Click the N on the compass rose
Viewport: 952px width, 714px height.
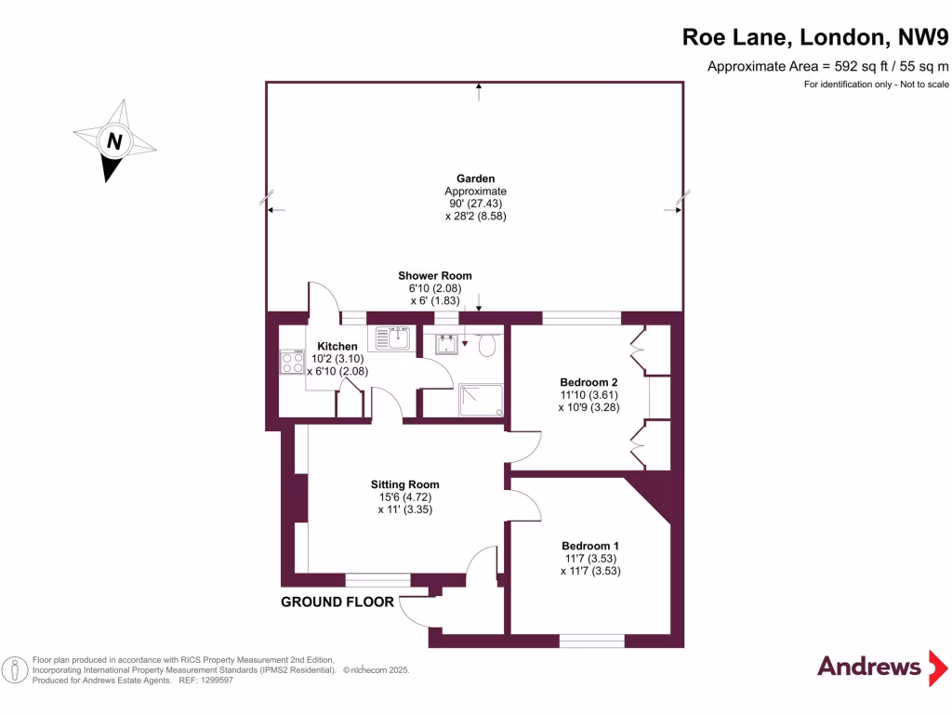click(114, 142)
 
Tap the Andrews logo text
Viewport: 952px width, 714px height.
click(868, 666)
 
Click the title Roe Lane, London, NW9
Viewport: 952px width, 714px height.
click(815, 37)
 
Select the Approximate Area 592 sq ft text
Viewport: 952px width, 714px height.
click(828, 66)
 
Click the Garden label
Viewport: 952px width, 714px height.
click(475, 178)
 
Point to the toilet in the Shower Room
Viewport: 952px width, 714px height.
click(485, 347)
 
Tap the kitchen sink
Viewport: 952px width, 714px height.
click(393, 339)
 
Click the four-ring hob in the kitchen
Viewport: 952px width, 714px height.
click(293, 363)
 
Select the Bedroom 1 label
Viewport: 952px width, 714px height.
click(589, 546)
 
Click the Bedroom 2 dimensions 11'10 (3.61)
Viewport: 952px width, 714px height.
click(588, 394)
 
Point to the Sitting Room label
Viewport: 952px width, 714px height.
click(404, 484)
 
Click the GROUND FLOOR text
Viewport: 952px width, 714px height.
click(337, 602)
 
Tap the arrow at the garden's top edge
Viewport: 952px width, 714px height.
click(480, 90)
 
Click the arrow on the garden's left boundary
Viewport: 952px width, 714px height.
click(274, 210)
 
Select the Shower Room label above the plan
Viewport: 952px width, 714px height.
click(434, 276)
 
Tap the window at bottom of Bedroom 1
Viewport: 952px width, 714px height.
click(591, 641)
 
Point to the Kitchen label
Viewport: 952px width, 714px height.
click(337, 347)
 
